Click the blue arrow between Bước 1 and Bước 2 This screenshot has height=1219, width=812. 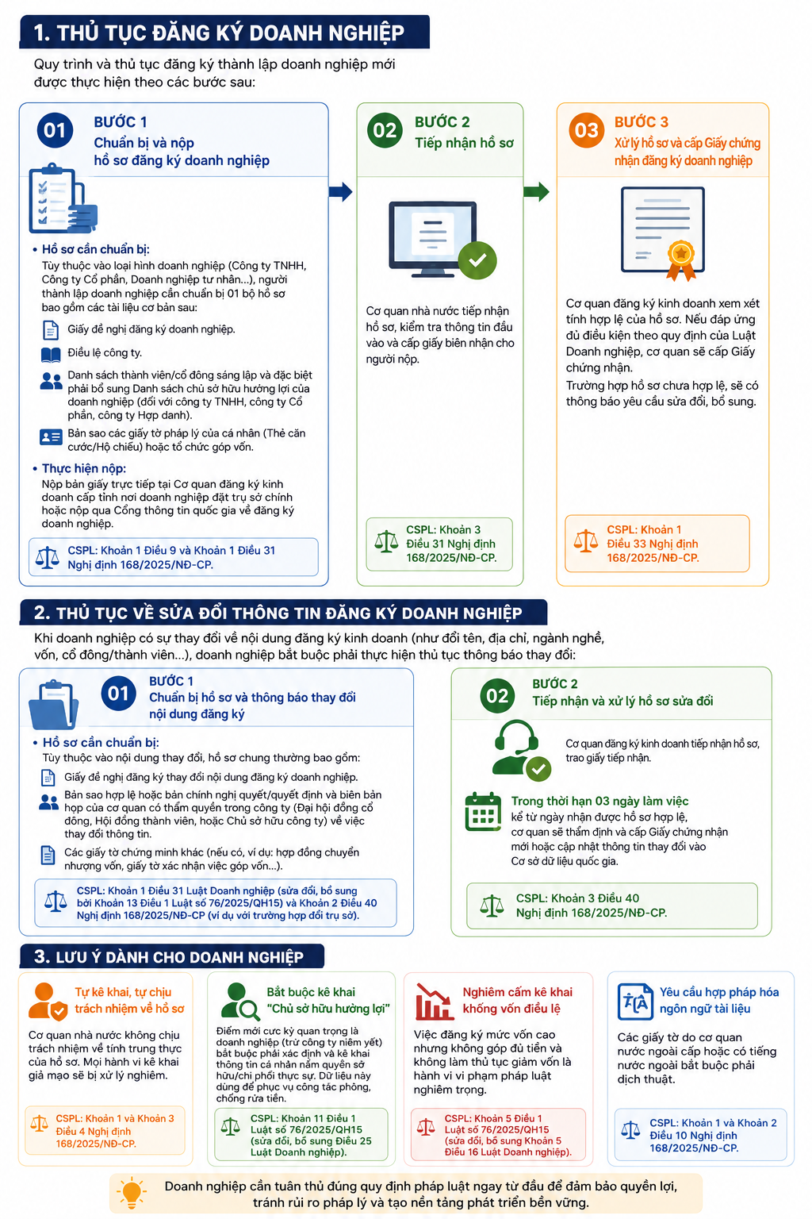tap(340, 191)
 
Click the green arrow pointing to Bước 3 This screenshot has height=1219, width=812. tap(536, 191)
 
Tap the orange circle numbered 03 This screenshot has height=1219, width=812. tap(586, 131)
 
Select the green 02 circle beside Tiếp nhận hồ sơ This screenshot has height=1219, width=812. tap(385, 131)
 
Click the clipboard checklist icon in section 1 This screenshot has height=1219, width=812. tap(63, 198)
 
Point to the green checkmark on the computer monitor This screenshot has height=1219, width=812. tap(477, 260)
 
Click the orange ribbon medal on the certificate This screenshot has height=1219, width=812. tap(681, 260)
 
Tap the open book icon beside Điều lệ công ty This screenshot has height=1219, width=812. tap(51, 355)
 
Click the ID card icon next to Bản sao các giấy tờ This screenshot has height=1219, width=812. tap(51, 436)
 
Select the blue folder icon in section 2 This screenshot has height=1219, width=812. tap(54, 705)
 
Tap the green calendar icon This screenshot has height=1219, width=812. tap(483, 811)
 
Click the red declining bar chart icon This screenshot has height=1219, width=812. tap(434, 1002)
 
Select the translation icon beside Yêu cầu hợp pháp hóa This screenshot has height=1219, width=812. tap(635, 1002)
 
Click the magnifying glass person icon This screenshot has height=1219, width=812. tap(239, 1001)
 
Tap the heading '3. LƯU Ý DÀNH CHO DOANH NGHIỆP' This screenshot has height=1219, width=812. tap(169, 956)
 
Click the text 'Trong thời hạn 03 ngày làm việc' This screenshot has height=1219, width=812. tap(599, 801)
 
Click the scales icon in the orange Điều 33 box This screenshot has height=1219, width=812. tap(586, 541)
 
